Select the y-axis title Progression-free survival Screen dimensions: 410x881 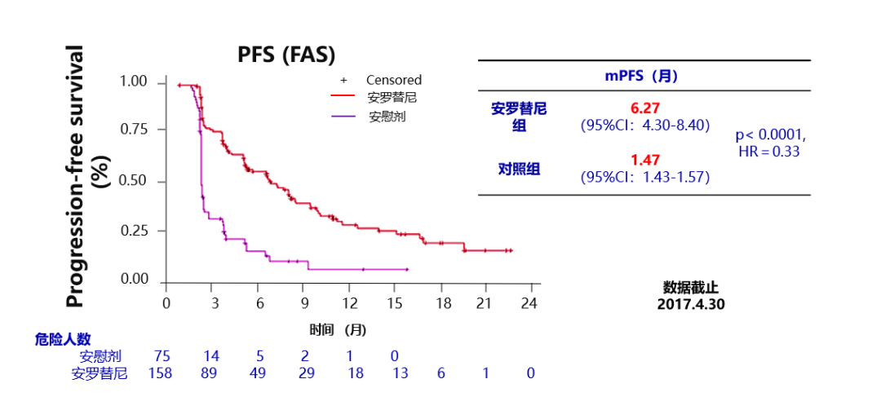[x=75, y=177]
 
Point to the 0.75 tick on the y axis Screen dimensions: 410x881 [x=134, y=130]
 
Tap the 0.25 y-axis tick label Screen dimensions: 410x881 [x=134, y=230]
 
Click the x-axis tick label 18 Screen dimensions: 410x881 [x=440, y=302]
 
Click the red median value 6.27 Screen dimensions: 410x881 [x=644, y=108]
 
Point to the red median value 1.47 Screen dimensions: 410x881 [x=644, y=160]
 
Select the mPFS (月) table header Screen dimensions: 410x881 [x=641, y=76]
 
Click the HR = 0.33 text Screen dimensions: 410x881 [x=768, y=152]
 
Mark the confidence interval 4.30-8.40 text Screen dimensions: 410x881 [x=644, y=126]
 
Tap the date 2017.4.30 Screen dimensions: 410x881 [x=691, y=304]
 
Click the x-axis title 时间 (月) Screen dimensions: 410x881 [x=337, y=330]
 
